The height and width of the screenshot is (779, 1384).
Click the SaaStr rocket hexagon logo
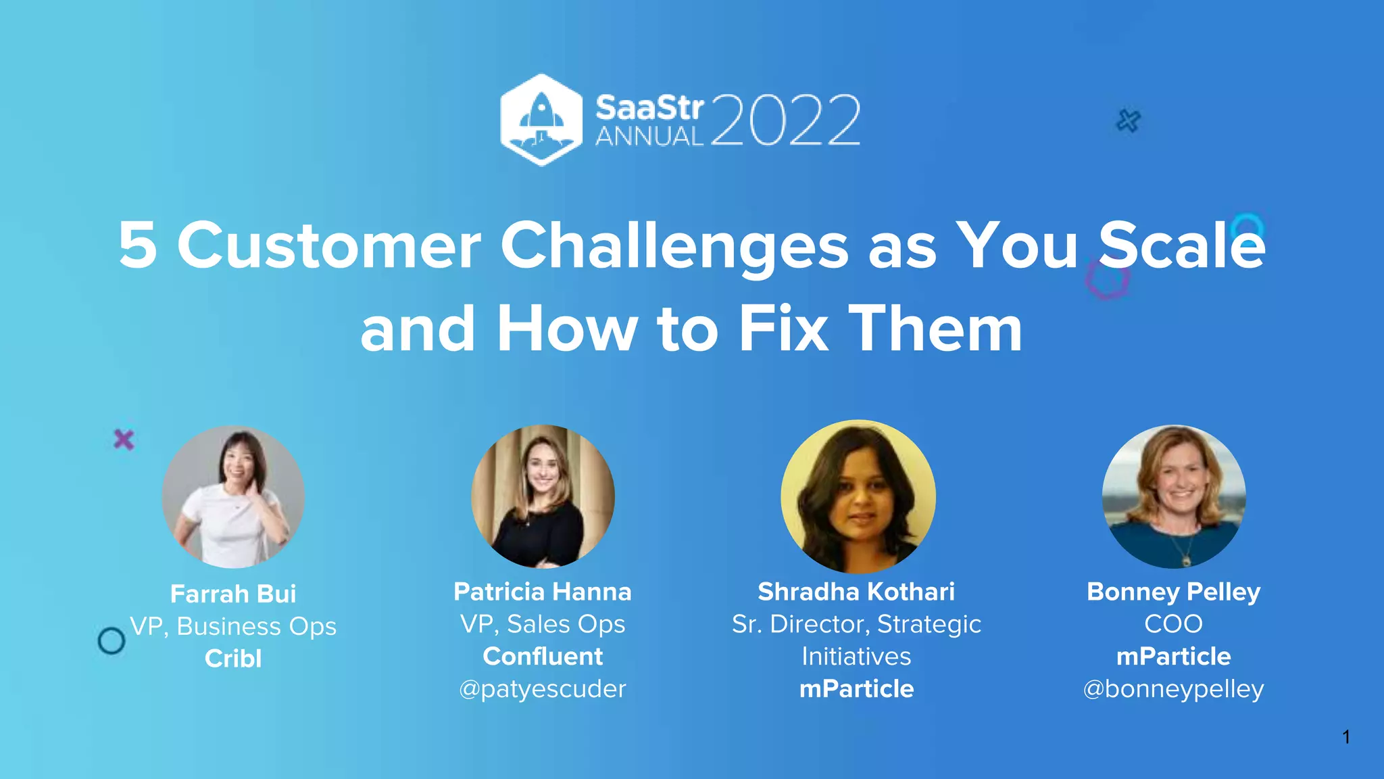tap(541, 120)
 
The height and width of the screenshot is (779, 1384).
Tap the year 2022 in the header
tap(785, 120)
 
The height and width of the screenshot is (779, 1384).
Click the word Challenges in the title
tap(674, 245)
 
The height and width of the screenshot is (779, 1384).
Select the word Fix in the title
tap(783, 329)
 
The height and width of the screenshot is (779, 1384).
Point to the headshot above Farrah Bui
tap(233, 496)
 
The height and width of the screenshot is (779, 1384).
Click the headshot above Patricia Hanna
tap(543, 496)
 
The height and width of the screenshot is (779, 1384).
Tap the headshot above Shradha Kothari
tap(858, 496)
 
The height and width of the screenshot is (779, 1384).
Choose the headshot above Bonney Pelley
tap(1174, 496)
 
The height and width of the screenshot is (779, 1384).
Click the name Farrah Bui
tap(233, 594)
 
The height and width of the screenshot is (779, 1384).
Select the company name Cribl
tap(233, 659)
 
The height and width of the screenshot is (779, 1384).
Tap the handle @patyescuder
tap(543, 689)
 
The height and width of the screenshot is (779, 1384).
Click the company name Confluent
tap(543, 656)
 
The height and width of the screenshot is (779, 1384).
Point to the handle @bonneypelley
tap(1173, 689)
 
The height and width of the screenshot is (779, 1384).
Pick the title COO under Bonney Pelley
tap(1173, 623)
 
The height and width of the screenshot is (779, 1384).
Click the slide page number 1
tap(1346, 736)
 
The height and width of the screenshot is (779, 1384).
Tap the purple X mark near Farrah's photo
tap(124, 440)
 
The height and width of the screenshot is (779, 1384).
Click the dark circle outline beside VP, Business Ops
tap(112, 640)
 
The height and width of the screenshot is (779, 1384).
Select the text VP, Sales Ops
tap(543, 623)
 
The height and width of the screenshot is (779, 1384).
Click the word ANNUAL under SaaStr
tap(649, 137)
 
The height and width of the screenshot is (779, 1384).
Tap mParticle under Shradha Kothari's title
tap(856, 689)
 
